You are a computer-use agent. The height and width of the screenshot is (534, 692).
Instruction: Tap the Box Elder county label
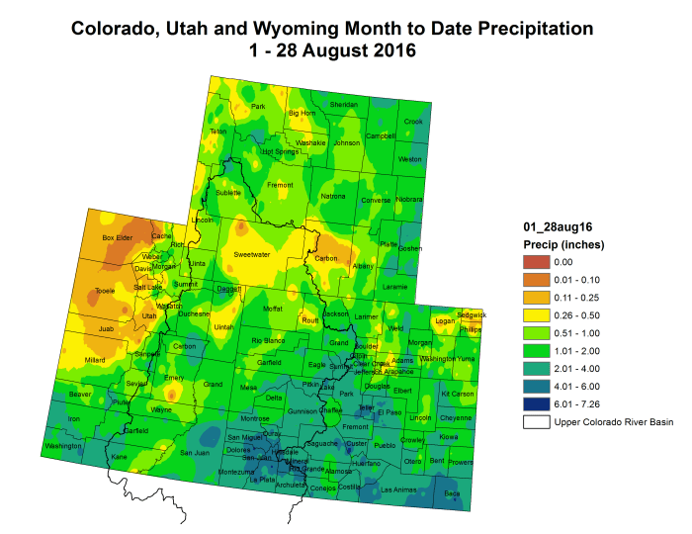click(x=117, y=237)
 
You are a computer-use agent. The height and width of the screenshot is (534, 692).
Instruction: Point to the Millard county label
click(x=95, y=360)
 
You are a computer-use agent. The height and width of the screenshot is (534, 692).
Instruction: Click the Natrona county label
click(x=333, y=197)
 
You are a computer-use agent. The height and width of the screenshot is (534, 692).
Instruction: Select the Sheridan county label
click(x=343, y=104)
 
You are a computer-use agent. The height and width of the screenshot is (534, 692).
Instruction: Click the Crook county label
click(x=413, y=122)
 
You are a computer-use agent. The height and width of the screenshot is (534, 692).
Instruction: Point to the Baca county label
click(x=452, y=492)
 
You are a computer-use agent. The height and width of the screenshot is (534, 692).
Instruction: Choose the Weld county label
click(x=395, y=327)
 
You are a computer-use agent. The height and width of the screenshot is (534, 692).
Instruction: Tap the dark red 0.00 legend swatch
click(x=537, y=262)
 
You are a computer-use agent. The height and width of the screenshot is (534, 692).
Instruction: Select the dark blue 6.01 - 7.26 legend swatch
click(x=537, y=404)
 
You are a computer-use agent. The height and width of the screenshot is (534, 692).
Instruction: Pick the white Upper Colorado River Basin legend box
click(x=537, y=422)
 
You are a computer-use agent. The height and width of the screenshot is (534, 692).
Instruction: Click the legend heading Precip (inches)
click(x=562, y=244)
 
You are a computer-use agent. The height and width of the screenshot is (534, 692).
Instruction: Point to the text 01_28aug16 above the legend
click(x=557, y=225)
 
